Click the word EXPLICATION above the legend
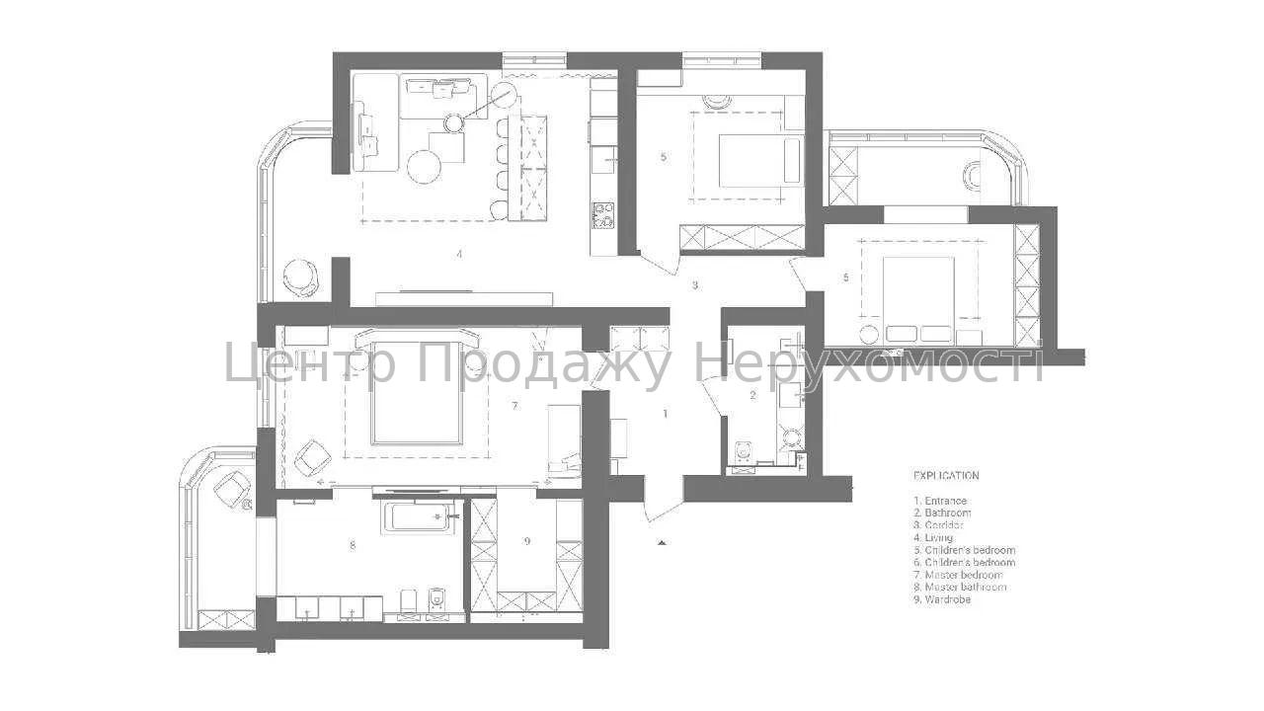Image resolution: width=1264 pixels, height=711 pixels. (x=946, y=475)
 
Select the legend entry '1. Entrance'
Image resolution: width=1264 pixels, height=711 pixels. (x=940, y=501)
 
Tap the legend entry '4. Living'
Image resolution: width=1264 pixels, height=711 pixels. (x=933, y=538)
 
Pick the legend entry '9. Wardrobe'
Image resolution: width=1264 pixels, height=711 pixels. (x=942, y=599)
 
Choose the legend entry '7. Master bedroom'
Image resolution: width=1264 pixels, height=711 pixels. (x=958, y=575)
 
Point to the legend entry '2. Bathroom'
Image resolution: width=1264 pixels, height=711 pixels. (x=942, y=513)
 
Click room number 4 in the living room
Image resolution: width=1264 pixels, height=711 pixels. (x=459, y=254)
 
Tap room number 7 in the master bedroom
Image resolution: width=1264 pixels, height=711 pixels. (x=514, y=406)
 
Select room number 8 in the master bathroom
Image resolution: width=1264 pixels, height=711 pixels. (x=353, y=544)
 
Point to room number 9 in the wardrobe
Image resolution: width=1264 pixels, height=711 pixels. (x=527, y=541)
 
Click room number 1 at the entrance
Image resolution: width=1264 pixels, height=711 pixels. (x=666, y=414)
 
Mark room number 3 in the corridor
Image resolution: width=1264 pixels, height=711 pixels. (x=695, y=285)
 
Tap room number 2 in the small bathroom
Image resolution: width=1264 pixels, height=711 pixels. (x=753, y=395)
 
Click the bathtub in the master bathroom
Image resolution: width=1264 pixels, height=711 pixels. (x=419, y=517)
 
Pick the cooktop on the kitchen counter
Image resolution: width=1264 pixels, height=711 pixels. (x=602, y=215)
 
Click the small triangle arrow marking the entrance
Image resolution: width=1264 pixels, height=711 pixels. (x=662, y=542)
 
